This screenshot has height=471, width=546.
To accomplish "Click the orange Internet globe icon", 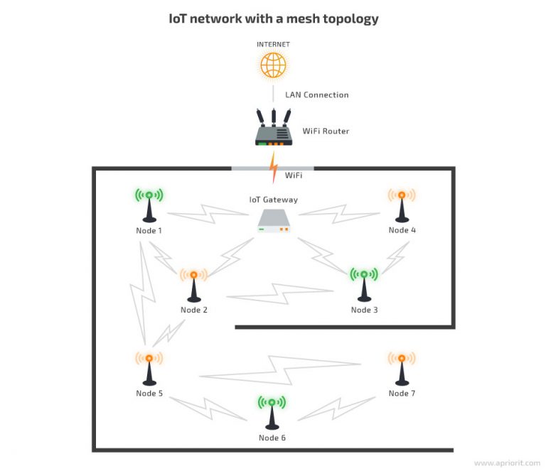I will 273,65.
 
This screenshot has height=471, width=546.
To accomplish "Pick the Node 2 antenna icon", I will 193,284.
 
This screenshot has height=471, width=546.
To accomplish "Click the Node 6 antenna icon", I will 272,412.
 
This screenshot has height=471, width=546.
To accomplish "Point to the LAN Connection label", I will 316,94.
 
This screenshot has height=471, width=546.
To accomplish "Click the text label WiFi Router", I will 326,131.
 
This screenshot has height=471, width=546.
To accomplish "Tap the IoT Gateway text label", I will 273,200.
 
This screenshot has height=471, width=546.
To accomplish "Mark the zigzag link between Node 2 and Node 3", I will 279,293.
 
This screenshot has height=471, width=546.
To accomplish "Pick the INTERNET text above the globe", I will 273,44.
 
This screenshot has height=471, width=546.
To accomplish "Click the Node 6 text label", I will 272,438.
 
